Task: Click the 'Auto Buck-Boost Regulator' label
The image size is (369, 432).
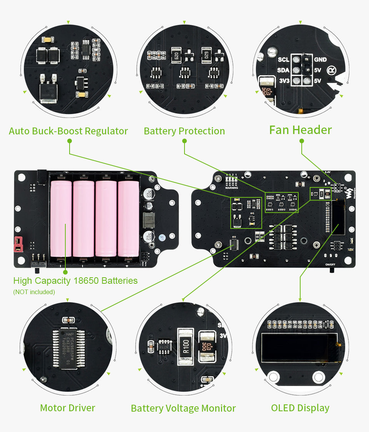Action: (68, 131)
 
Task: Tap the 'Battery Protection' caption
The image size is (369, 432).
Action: (184, 131)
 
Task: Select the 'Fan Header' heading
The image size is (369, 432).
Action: (300, 130)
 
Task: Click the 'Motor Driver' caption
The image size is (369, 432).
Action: (67, 408)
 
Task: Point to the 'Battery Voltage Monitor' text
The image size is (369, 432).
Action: (183, 408)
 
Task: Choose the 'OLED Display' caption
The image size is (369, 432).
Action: (300, 408)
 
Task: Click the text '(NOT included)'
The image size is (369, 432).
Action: (34, 292)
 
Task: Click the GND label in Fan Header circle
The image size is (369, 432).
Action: (320, 60)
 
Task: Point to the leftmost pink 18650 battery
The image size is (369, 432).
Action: (61, 219)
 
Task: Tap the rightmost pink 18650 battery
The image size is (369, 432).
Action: (128, 219)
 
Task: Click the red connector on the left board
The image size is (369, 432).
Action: (17, 244)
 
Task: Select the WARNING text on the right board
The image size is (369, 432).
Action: (231, 188)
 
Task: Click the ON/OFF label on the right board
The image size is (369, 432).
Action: (331, 265)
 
